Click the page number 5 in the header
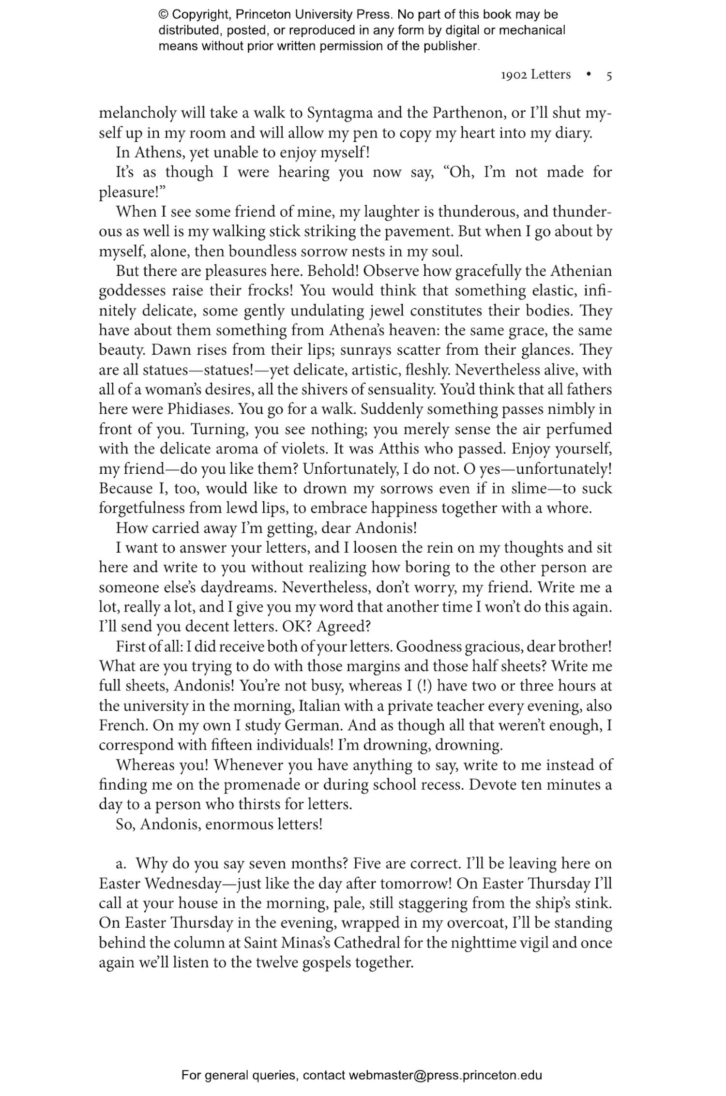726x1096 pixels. click(609, 75)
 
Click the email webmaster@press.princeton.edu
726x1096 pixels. click(445, 1075)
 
